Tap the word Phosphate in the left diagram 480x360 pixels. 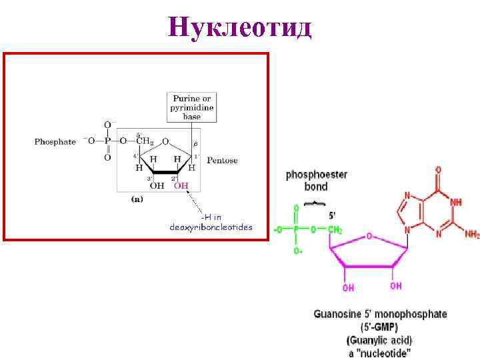coord(55,141)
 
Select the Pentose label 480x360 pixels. coord(222,161)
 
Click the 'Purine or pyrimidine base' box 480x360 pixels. coord(192,107)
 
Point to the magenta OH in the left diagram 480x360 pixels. coord(181,185)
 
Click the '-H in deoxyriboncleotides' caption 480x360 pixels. coord(211,222)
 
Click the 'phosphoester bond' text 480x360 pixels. coord(316,181)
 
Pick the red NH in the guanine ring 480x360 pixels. coord(455,201)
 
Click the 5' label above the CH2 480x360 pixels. coord(333,216)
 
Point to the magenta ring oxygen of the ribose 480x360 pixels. coord(369,237)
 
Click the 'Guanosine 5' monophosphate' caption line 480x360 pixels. coord(380,314)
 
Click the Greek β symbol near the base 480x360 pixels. coord(195,143)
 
